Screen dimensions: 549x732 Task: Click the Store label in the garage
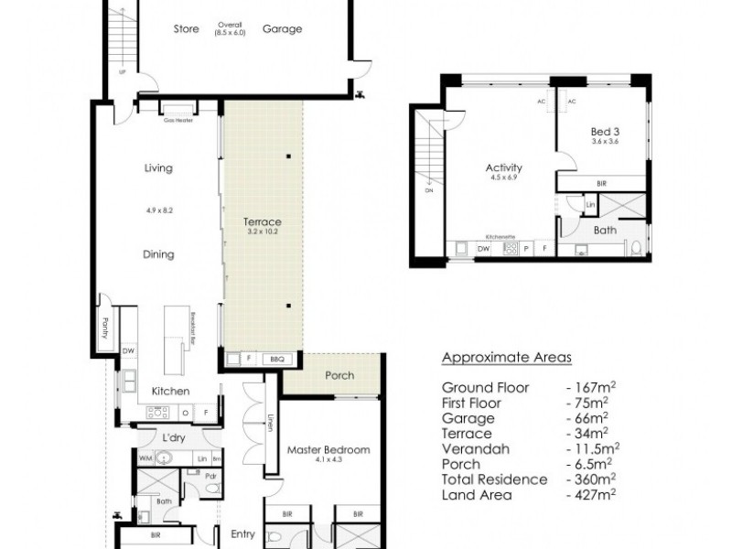click(187, 28)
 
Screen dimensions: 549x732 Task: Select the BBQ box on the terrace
click(277, 359)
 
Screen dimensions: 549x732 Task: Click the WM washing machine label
click(144, 457)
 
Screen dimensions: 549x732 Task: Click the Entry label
click(243, 534)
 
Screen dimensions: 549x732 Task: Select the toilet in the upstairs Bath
click(636, 247)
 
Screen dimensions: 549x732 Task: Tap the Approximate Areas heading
click(506, 358)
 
